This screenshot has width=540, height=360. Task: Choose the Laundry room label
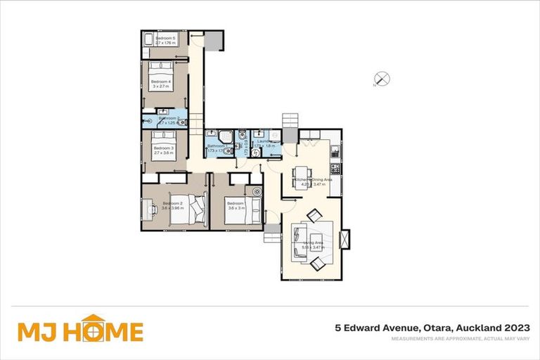[264, 141]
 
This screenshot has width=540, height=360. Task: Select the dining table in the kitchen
[301, 174]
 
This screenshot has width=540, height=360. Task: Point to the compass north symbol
[382, 79]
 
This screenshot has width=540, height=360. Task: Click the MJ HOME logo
[80, 329]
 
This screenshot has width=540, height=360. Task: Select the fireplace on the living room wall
[344, 239]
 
